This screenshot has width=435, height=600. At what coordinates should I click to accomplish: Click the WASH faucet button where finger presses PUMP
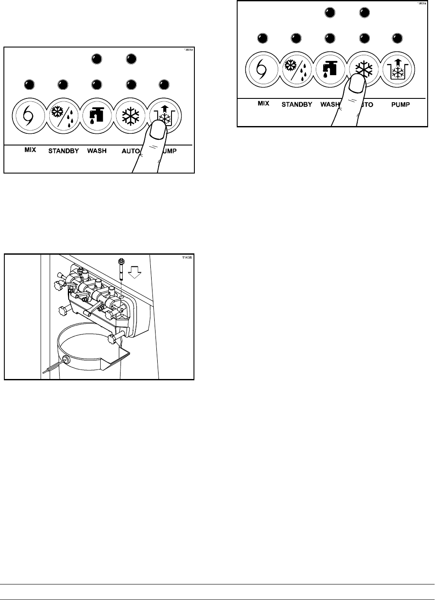(x=96, y=116)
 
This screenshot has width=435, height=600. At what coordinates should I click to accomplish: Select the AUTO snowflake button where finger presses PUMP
(x=131, y=116)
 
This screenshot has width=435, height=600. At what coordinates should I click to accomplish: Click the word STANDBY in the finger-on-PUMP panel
(x=64, y=151)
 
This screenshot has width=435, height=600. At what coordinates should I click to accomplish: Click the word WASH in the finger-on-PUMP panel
(x=97, y=151)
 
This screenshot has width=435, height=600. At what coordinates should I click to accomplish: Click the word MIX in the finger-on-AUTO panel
(x=263, y=104)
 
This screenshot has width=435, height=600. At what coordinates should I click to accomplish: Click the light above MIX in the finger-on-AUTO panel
(x=262, y=38)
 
